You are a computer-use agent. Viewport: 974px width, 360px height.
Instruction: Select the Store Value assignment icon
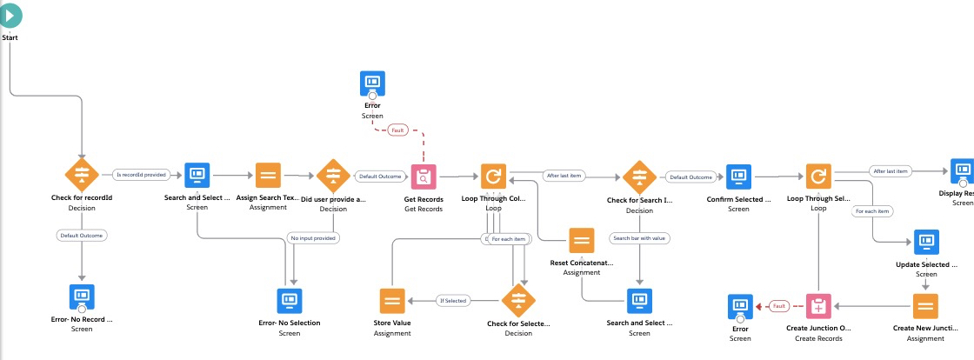(393, 301)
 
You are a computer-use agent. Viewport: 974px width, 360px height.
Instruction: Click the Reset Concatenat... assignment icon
(582, 240)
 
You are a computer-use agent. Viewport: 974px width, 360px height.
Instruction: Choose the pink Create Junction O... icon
(819, 306)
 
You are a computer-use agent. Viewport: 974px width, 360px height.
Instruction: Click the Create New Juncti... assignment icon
(925, 306)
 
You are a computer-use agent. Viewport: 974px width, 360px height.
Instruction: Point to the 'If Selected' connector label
(452, 301)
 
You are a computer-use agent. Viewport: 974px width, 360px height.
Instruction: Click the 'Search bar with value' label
(640, 237)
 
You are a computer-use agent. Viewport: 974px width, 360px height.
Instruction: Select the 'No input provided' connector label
(313, 237)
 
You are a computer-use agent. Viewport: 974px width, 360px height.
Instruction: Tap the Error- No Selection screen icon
(290, 301)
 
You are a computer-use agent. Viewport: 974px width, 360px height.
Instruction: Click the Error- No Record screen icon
(82, 296)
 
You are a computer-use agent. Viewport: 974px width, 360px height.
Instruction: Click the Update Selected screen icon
(925, 241)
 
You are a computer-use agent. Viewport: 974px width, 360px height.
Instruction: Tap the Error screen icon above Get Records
(372, 83)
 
